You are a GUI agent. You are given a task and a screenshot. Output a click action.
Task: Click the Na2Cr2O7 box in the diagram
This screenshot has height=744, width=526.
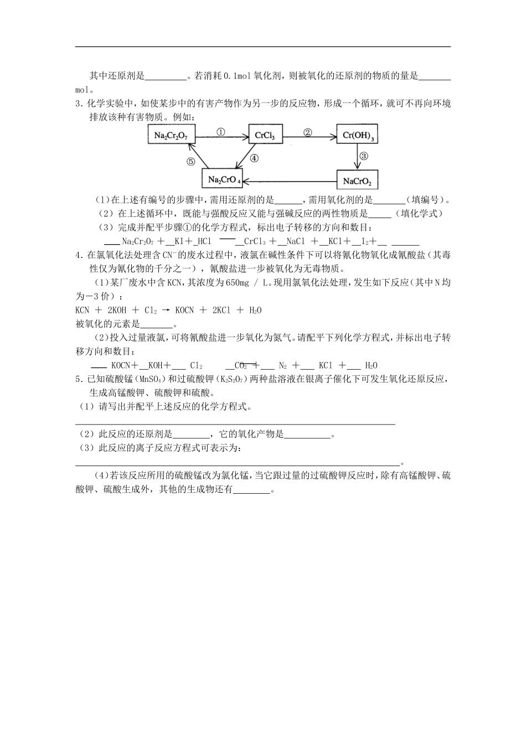click(171, 136)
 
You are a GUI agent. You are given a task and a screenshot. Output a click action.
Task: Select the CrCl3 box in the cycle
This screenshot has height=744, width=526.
click(265, 136)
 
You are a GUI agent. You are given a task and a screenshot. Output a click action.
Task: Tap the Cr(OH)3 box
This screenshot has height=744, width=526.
click(358, 136)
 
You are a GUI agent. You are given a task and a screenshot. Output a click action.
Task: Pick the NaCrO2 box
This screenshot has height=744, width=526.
click(357, 180)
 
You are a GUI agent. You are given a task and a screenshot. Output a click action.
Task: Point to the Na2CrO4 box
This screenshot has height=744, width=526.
click(224, 179)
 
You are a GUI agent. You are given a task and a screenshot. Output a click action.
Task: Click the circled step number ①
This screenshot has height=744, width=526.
click(220, 132)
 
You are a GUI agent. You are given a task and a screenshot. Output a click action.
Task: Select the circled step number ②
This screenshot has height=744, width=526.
click(308, 132)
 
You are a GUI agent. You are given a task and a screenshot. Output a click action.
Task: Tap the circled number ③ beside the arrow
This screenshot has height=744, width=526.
click(364, 156)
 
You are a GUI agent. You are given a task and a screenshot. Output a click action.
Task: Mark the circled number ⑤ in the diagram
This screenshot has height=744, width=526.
click(190, 162)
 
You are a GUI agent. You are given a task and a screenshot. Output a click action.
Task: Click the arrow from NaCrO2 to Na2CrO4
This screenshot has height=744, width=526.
click(291, 180)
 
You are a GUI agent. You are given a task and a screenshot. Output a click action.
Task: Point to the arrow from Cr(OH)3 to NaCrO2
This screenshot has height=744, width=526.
click(357, 157)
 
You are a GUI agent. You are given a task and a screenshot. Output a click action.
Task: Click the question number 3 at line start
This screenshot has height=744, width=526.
click(78, 104)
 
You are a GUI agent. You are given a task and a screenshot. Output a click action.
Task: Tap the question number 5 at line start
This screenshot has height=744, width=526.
click(78, 379)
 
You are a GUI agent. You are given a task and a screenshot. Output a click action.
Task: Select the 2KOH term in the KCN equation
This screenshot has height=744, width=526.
click(115, 310)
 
